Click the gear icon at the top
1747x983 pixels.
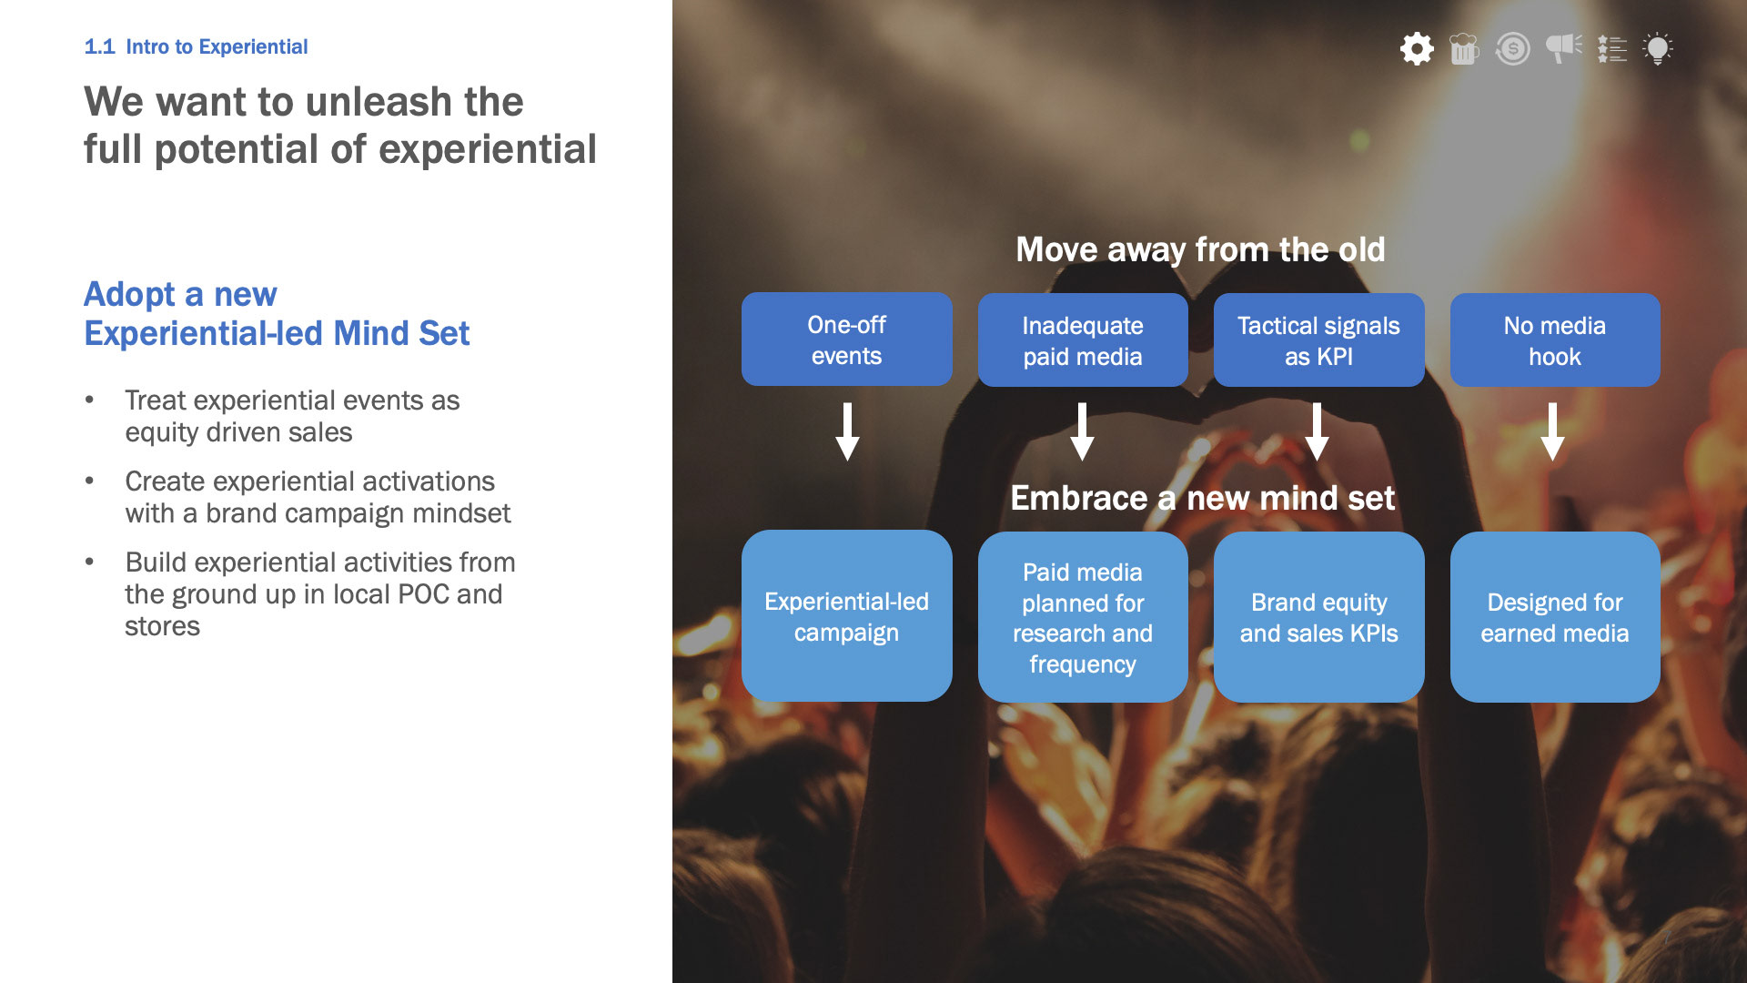(x=1417, y=48)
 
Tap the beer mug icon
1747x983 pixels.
(x=1464, y=48)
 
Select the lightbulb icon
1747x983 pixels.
(x=1658, y=48)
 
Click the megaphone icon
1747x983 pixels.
(x=1563, y=47)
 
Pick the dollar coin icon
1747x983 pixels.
(x=1513, y=48)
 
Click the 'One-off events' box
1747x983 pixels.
(x=846, y=339)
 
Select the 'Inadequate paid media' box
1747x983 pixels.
(x=1082, y=340)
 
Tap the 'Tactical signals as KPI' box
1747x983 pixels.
(x=1318, y=340)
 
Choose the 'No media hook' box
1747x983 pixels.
(x=1554, y=340)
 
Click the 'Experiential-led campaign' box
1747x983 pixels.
(x=846, y=616)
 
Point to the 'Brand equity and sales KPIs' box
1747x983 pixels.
(x=1318, y=617)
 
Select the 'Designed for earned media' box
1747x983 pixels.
(x=1554, y=617)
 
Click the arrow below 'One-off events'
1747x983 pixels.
(x=847, y=431)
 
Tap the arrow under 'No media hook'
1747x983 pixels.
(x=1552, y=431)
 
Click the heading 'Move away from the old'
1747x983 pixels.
(x=1200, y=249)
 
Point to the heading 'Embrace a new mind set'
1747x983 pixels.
(x=1202, y=498)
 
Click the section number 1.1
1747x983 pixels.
(x=99, y=46)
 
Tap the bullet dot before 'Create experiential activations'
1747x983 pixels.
(x=89, y=481)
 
